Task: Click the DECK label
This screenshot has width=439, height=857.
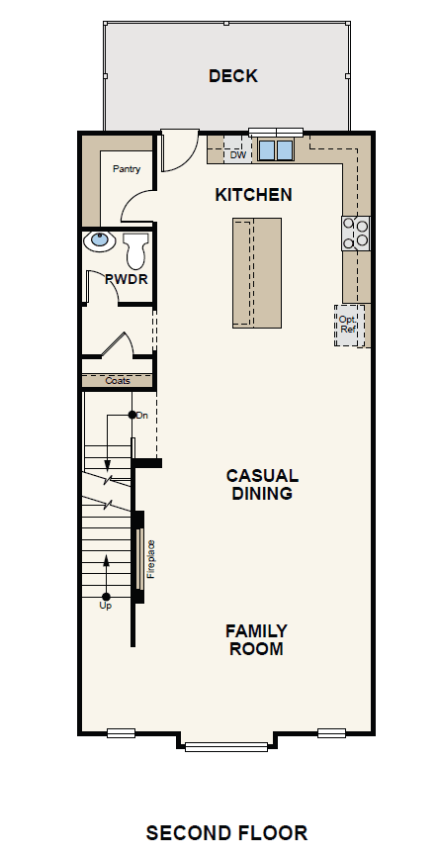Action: (x=233, y=76)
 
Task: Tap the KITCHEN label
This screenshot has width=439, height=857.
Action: (x=253, y=195)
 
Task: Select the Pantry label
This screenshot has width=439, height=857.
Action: (x=127, y=169)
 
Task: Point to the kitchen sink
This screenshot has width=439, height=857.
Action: (x=276, y=149)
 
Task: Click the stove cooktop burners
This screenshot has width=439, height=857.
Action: (x=356, y=234)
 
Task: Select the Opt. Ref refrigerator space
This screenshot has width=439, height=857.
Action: (x=348, y=325)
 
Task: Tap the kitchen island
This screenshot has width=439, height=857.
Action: (x=257, y=273)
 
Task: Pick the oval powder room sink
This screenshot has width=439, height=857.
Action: (x=100, y=240)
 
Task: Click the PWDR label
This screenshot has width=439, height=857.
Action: (x=127, y=279)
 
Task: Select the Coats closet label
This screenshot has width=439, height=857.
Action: (x=118, y=380)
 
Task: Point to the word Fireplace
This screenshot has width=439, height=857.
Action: (x=151, y=559)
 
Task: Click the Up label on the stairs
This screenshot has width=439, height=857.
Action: (x=106, y=606)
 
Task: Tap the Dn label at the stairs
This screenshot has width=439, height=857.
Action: (x=142, y=416)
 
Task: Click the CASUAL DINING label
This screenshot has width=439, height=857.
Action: (x=262, y=484)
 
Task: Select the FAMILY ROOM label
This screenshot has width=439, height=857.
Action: (x=256, y=640)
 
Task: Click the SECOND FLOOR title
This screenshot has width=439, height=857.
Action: (x=226, y=833)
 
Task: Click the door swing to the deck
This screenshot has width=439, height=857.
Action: (x=180, y=150)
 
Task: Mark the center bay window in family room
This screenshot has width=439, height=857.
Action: (x=226, y=746)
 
